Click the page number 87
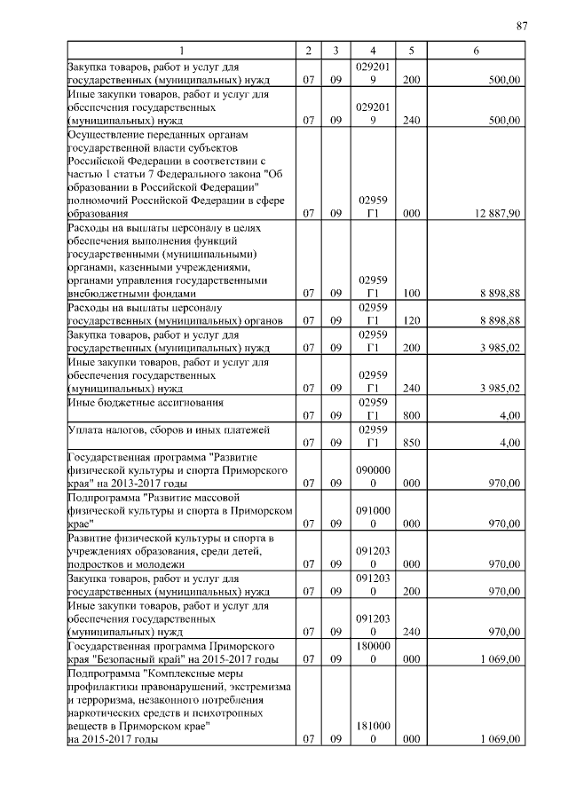[522, 26]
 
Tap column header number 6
[477, 51]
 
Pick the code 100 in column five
[411, 293]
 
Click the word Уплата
[85, 430]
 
